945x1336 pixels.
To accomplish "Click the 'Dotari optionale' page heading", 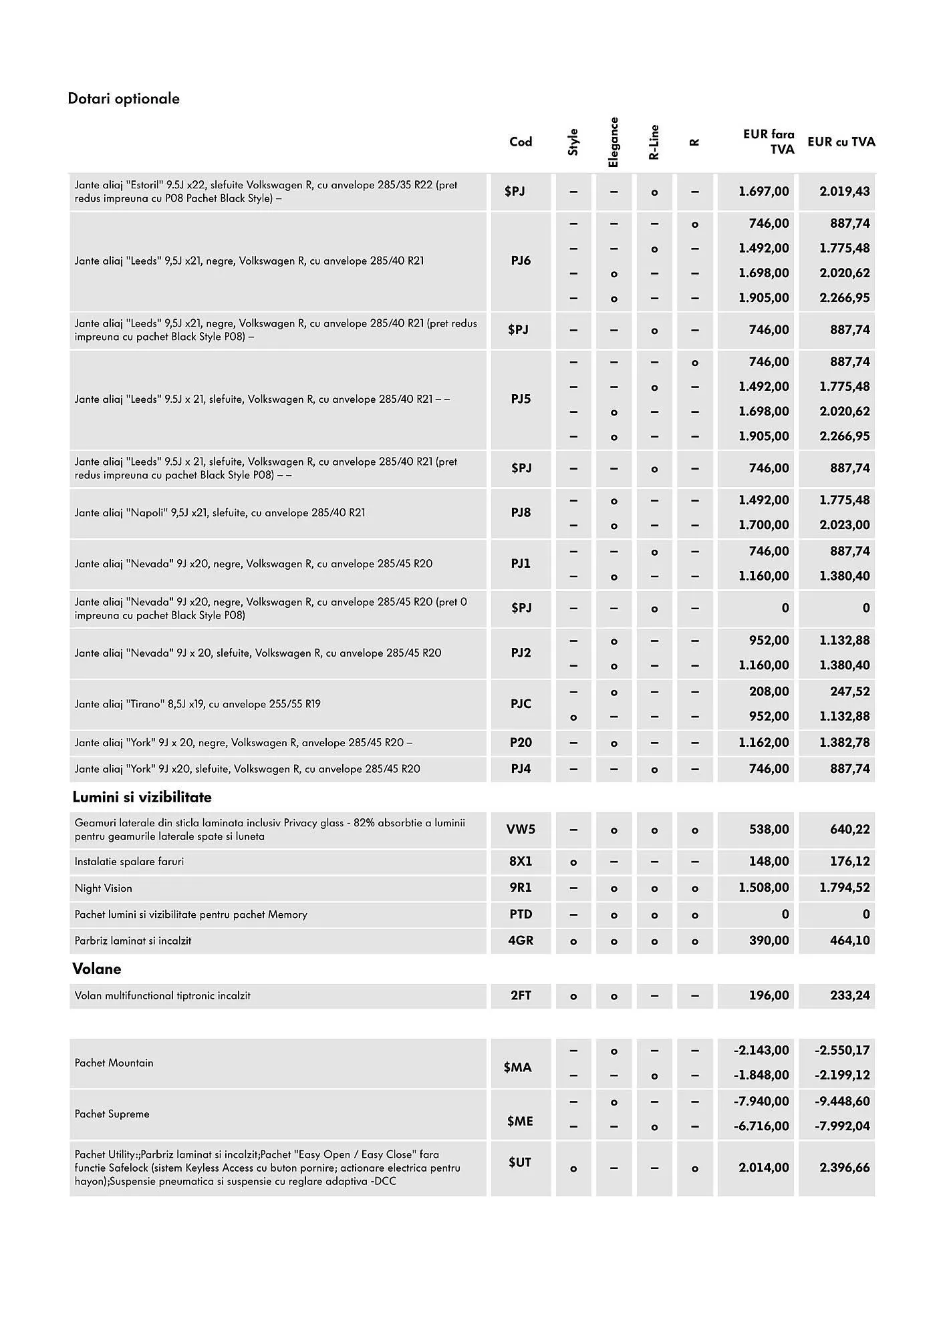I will tap(124, 99).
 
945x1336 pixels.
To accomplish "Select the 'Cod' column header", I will tap(521, 142).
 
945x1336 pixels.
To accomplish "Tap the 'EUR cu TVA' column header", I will tap(841, 142).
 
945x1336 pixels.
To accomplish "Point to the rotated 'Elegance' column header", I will tap(614, 142).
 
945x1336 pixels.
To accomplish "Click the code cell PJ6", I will tap(521, 261).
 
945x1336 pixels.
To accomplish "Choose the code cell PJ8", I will tap(521, 512).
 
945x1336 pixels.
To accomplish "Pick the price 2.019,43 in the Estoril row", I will tap(845, 192).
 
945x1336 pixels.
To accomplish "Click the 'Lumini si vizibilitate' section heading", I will tap(142, 797).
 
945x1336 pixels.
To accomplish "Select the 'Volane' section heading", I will tap(96, 969).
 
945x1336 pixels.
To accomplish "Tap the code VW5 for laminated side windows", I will tap(521, 830).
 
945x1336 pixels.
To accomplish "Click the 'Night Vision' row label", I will tap(104, 888).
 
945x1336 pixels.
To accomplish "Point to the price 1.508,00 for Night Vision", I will tap(763, 888).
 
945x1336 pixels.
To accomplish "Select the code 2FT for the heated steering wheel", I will tap(521, 995).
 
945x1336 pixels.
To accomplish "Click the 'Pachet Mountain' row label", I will tap(114, 1063).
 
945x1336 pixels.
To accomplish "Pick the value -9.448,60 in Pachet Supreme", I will tap(842, 1101).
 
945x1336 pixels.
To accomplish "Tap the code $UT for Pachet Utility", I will tap(519, 1162).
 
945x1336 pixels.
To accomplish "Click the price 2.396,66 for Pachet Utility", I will tap(845, 1168).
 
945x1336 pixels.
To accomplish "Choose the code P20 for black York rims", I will tap(521, 742).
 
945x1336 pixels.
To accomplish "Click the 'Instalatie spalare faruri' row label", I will tap(129, 862).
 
